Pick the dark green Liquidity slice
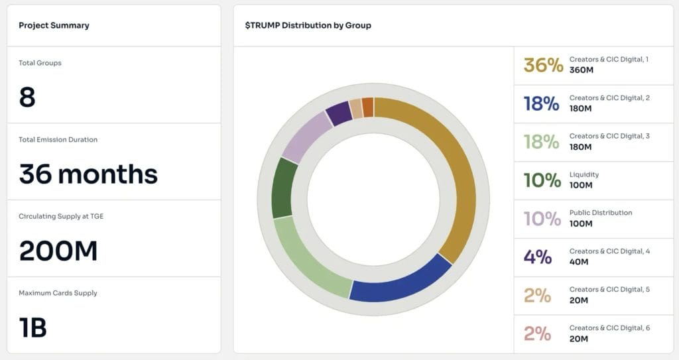(x=284, y=188)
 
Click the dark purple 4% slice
(x=339, y=112)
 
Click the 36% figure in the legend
(x=543, y=65)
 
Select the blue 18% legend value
(x=541, y=103)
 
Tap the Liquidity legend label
(x=584, y=174)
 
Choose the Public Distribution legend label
(x=600, y=213)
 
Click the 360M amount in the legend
(x=580, y=70)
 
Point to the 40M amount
(x=578, y=262)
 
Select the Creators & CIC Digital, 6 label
(x=609, y=328)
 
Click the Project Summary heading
(x=54, y=25)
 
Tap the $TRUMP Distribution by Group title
(x=308, y=25)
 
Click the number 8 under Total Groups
(x=27, y=97)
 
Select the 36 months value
(x=88, y=174)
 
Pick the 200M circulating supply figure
(x=58, y=251)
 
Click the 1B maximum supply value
(x=32, y=328)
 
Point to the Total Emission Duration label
(x=58, y=140)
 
